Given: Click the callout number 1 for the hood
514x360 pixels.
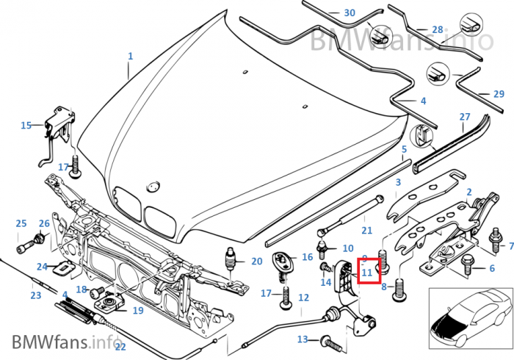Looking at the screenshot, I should pyautogui.click(x=131, y=56).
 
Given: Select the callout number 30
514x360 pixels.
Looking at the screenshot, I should pyautogui.click(x=349, y=13).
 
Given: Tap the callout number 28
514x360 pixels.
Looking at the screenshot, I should pyautogui.click(x=437, y=29).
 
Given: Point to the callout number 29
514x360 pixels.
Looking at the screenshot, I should pyautogui.click(x=499, y=94).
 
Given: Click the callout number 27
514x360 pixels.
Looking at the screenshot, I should pyautogui.click(x=464, y=117).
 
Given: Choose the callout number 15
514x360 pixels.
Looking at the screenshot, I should pyautogui.click(x=26, y=126).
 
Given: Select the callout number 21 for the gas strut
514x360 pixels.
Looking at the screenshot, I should pyautogui.click(x=367, y=231).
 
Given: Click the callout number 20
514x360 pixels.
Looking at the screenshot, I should pyautogui.click(x=256, y=261).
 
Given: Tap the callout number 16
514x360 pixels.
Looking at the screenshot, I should pyautogui.click(x=307, y=257).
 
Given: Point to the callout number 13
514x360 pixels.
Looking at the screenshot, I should pyautogui.click(x=303, y=339).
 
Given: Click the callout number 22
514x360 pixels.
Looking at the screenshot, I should pyautogui.click(x=120, y=347).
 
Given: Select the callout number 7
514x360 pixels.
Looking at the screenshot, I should pyautogui.click(x=511, y=246).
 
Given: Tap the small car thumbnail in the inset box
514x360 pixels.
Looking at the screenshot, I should pyautogui.click(x=469, y=318).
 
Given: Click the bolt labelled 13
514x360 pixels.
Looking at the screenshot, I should pyautogui.click(x=329, y=341).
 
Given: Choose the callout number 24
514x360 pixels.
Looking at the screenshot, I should pyautogui.click(x=42, y=267).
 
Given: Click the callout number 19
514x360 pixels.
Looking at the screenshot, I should pyautogui.click(x=137, y=310).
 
